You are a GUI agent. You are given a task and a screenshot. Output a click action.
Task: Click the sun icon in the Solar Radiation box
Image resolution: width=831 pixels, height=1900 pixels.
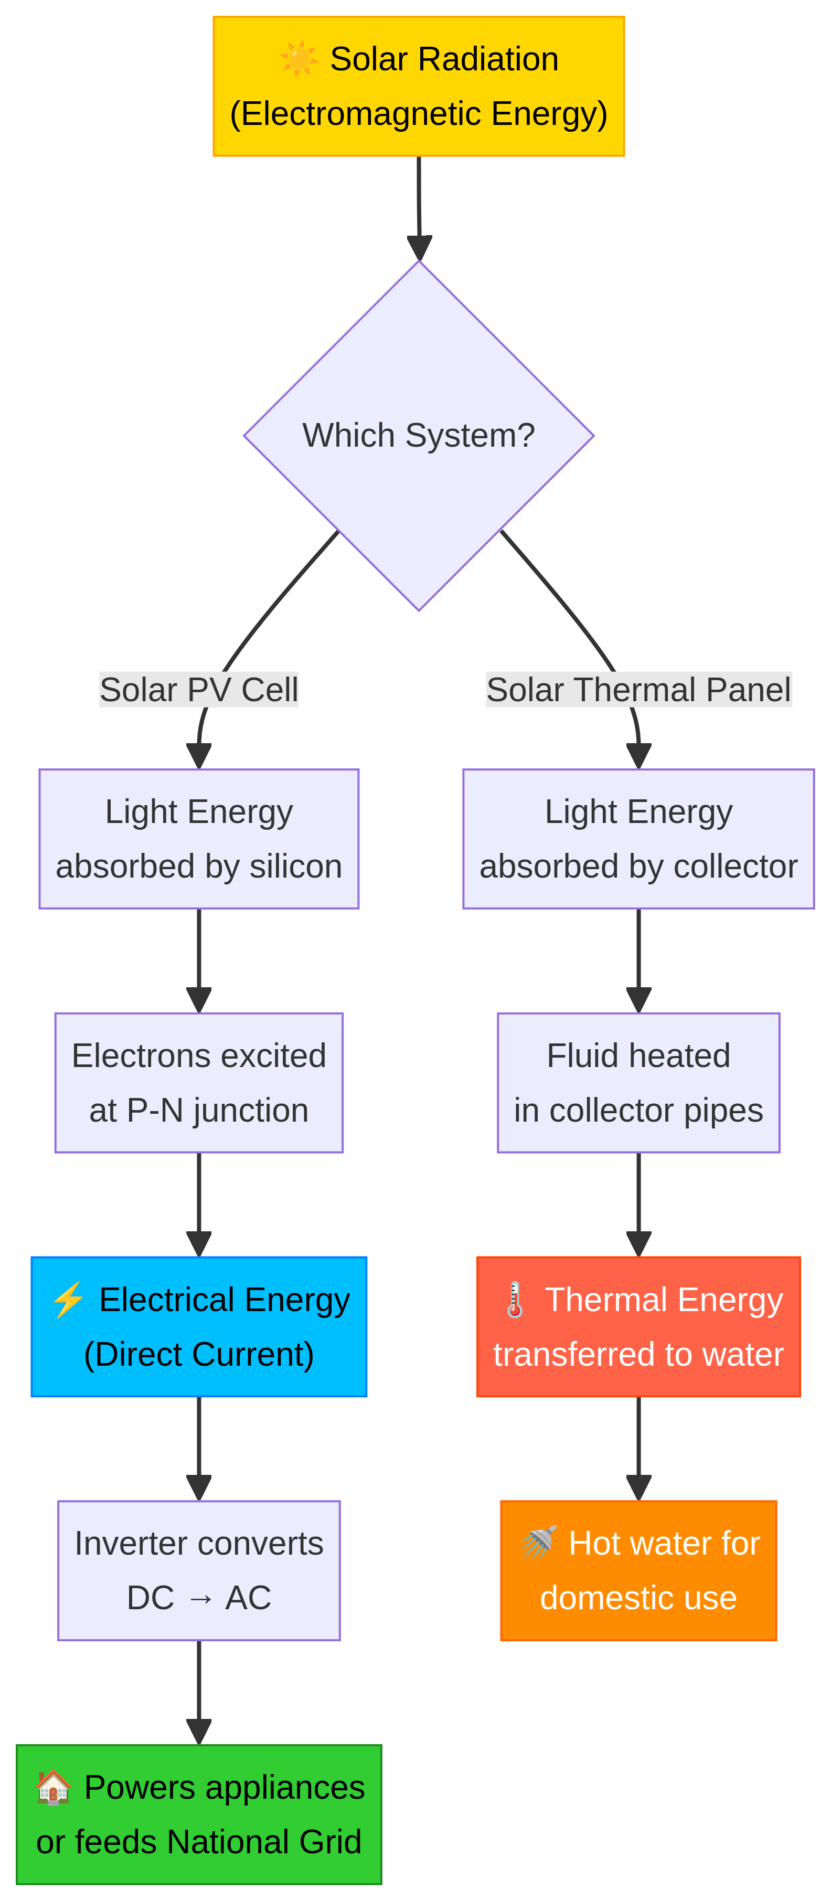[298, 59]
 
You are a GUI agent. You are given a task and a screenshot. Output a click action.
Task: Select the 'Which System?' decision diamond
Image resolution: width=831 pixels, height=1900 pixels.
[418, 435]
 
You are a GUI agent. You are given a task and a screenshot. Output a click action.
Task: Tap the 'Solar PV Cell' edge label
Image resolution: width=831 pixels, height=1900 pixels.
[198, 690]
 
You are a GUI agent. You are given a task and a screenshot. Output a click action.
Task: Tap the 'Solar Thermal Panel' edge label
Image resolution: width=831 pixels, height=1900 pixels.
[638, 690]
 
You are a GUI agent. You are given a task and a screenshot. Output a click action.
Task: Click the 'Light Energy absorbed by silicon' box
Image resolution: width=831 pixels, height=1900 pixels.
[198, 839]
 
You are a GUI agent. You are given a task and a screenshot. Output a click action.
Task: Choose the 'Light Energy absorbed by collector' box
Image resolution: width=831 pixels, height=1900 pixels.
[638, 839]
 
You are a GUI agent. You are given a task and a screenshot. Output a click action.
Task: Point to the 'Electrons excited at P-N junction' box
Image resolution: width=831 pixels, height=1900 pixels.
[198, 1082]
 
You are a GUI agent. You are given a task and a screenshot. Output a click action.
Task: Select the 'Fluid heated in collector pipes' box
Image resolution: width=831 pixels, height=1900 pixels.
[638, 1082]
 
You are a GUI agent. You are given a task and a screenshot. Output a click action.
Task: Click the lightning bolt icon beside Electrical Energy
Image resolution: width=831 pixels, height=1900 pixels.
[68, 1300]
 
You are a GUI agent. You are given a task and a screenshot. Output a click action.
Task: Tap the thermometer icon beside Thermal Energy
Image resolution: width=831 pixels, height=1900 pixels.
[515, 1300]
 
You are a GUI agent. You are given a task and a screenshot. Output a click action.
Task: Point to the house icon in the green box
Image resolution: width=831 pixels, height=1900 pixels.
[53, 1787]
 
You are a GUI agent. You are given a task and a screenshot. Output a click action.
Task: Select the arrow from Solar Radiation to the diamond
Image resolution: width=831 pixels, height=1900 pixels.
[419, 206]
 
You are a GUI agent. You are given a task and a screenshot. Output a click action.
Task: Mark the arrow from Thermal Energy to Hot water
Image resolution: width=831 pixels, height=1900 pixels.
[638, 1447]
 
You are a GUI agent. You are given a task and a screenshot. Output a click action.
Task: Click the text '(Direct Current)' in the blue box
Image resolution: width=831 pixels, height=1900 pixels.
[198, 1354]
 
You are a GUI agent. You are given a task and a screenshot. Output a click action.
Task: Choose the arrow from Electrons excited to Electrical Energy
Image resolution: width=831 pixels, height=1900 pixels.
[198, 1203]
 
